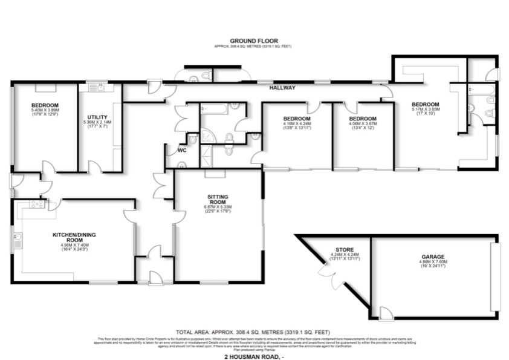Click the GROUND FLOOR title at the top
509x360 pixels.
[254, 41]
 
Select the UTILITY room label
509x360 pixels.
[97, 117]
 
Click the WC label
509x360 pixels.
[181, 150]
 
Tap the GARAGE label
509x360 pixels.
[433, 257]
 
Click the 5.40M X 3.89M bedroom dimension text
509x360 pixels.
[45, 111]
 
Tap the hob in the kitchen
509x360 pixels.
[37, 205]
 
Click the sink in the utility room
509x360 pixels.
[100, 88]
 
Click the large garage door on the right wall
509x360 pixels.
[496, 277]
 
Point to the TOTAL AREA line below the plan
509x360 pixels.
[254, 332]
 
